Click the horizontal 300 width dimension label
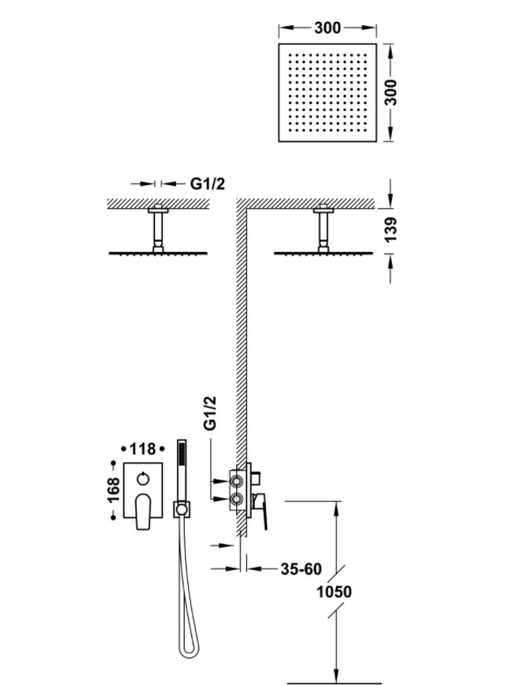327,28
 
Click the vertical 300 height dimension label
392,92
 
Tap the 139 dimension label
391,229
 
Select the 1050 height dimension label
334,592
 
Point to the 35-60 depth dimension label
301,568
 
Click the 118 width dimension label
142,449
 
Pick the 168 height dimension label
113,491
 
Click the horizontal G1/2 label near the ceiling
208,184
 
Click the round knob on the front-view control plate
143,479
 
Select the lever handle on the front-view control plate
143,512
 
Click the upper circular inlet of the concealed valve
237,481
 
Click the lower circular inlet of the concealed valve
237,498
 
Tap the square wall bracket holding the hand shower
182,509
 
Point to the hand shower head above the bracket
182,470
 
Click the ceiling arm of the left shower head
157,229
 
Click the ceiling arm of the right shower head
323,229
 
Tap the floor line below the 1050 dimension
335,683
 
